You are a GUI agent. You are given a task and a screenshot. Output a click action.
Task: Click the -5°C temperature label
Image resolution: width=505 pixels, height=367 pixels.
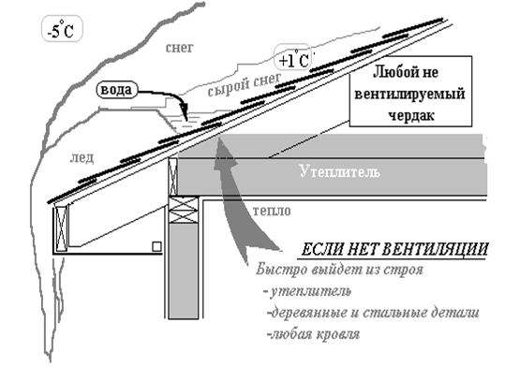pyautogui.click(x=62, y=29)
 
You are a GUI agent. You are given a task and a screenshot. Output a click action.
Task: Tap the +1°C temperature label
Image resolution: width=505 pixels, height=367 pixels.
pyautogui.click(x=293, y=59)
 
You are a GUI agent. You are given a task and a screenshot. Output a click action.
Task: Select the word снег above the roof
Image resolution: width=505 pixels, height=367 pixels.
pyautogui.click(x=179, y=48)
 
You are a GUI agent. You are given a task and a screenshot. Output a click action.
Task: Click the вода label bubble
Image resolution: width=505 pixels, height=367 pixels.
pyautogui.click(x=116, y=90)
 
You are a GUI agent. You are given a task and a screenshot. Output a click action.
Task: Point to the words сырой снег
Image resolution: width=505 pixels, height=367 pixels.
pyautogui.click(x=245, y=84)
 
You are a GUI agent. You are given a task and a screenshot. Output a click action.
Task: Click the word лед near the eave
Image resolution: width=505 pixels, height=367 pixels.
pyautogui.click(x=82, y=157)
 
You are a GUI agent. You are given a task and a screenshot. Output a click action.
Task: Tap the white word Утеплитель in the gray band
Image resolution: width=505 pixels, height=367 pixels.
pyautogui.click(x=339, y=171)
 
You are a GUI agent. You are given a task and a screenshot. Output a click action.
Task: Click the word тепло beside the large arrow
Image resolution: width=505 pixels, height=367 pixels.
pyautogui.click(x=272, y=212)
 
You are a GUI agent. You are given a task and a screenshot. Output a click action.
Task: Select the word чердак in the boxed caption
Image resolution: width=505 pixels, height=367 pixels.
pyautogui.click(x=411, y=115)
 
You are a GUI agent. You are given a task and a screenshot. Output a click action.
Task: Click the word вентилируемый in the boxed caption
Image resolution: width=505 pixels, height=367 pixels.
pyautogui.click(x=409, y=95)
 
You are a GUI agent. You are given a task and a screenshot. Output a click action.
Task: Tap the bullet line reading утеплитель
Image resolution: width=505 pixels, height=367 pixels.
pyautogui.click(x=307, y=291)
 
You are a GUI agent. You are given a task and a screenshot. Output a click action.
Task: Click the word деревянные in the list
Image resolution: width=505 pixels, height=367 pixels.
pyautogui.click(x=309, y=313)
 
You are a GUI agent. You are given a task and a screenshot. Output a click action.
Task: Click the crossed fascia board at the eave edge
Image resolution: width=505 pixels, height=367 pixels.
pyautogui.click(x=61, y=228)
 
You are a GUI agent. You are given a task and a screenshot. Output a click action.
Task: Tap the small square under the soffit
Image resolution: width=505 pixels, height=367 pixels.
pyautogui.click(x=156, y=246)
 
